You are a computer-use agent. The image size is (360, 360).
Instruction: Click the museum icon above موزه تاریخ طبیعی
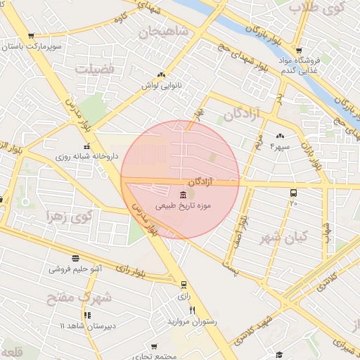tap(184, 194)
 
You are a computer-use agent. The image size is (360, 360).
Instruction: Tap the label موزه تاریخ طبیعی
tap(184, 208)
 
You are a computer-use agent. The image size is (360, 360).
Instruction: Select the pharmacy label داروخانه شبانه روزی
tap(87, 157)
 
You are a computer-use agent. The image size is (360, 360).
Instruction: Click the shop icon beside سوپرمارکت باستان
tap(30, 36)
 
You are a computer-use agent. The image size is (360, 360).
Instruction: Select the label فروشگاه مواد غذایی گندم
tap(301, 64)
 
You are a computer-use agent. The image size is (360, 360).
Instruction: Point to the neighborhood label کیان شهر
tap(288, 237)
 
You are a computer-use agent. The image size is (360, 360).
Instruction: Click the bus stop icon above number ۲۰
tap(293, 193)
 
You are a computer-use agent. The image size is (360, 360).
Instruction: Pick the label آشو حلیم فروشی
tap(76, 269)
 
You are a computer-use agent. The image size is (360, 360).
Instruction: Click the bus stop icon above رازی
tap(184, 285)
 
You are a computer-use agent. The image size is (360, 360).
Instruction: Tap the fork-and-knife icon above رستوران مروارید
tap(192, 311)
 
